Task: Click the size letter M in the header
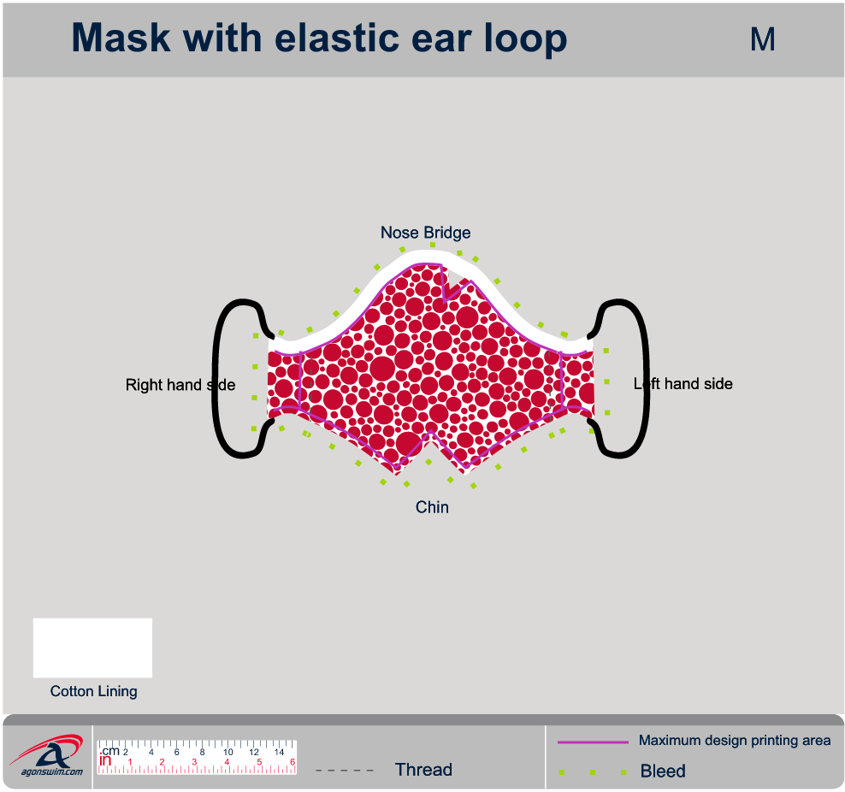coord(762,39)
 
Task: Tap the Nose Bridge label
coord(425,233)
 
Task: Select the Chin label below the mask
coord(432,507)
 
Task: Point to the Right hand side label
coord(180,385)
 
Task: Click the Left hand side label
coord(683,384)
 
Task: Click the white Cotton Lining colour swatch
coord(92,647)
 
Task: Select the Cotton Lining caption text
coord(93,691)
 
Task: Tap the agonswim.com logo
coord(48,757)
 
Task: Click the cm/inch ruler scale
coord(197,757)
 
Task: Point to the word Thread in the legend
coord(423,770)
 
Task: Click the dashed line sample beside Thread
coord(345,771)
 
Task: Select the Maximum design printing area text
coord(735,741)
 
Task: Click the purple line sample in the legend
coord(593,742)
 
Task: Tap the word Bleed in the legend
coord(663,771)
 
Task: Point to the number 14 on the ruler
coord(279,753)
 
